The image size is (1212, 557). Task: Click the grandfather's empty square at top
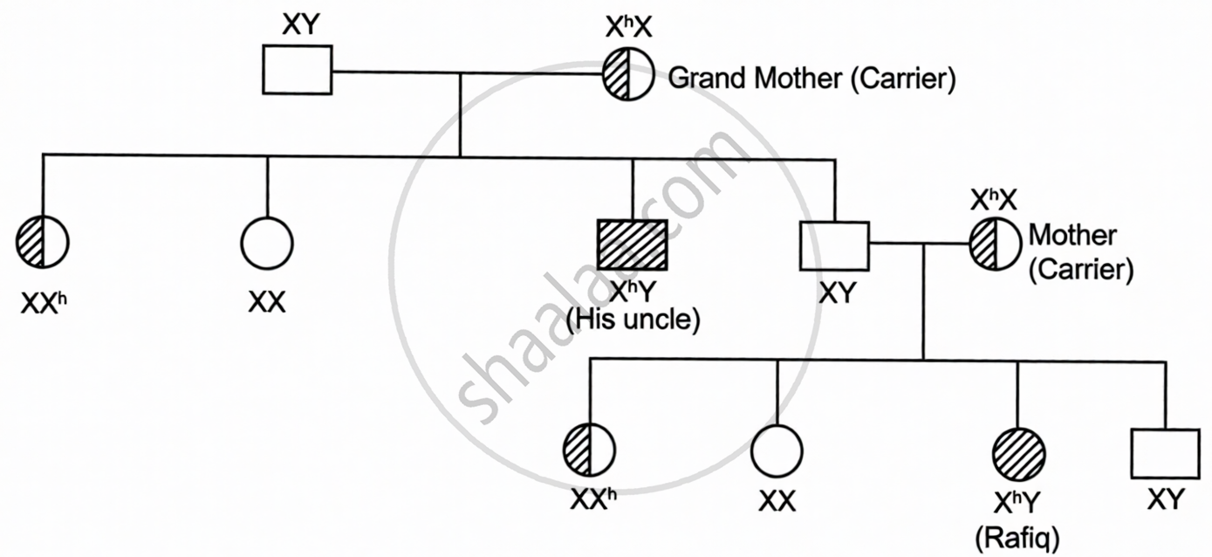297,69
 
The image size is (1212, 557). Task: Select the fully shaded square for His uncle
633,245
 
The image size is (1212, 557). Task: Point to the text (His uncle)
633,320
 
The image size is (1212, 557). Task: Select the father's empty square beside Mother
835,246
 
